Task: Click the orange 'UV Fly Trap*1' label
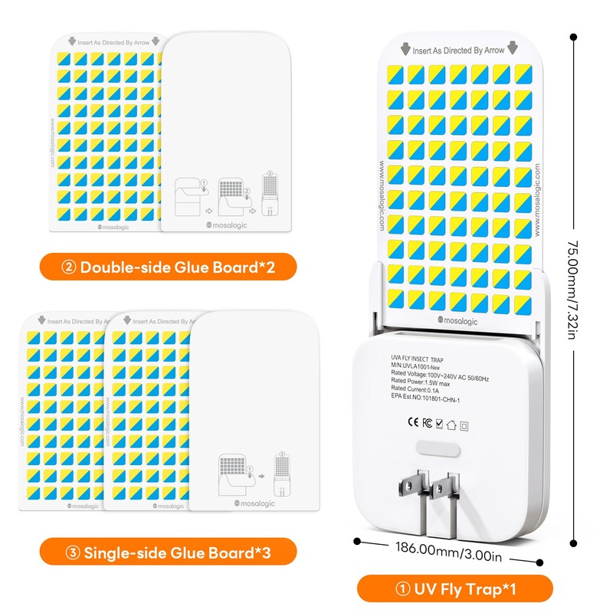454,589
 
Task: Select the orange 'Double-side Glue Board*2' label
169,267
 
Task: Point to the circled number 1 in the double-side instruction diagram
204,183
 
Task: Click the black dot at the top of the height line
572,35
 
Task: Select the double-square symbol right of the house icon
463,420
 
